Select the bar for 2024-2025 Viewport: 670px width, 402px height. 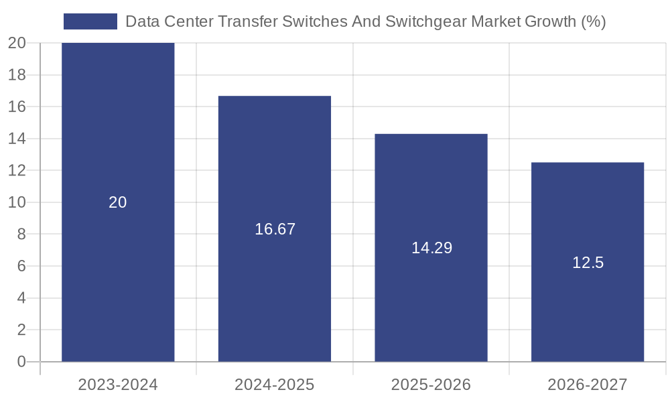(275, 167)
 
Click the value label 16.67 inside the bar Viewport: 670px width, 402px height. (275, 229)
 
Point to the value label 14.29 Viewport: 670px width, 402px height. (431, 248)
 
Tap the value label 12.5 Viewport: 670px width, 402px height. (588, 263)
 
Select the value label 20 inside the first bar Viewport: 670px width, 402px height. (118, 202)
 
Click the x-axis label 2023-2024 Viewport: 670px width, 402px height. (118, 385)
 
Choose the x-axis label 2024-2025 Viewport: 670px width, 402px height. (275, 385)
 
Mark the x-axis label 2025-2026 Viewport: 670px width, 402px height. (431, 385)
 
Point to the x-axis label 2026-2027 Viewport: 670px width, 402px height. (588, 385)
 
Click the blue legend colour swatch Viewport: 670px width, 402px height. (90, 21)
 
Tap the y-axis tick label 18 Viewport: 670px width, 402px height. (17, 75)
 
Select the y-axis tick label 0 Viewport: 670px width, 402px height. (21, 362)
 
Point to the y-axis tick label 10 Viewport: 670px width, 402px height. (17, 202)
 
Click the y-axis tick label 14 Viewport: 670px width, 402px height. (17, 139)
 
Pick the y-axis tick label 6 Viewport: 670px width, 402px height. (21, 266)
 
